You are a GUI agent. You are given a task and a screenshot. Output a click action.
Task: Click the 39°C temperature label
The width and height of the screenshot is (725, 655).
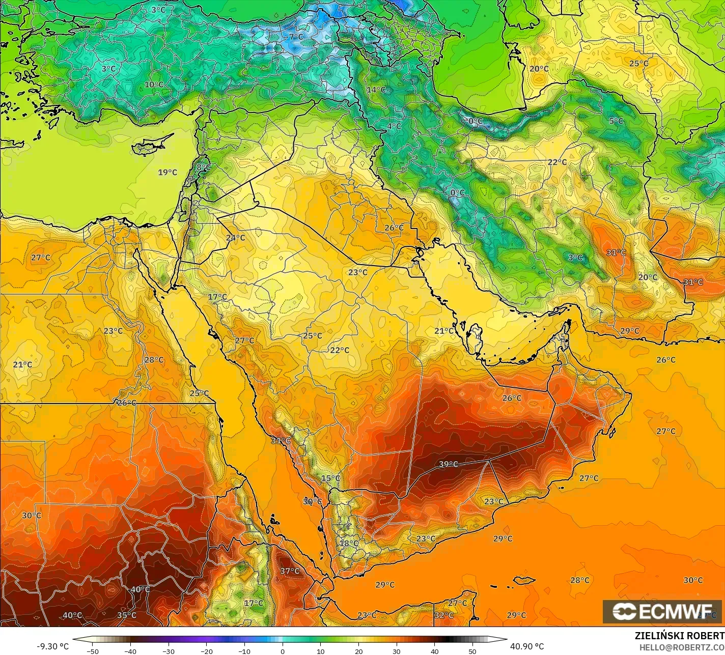[448, 464]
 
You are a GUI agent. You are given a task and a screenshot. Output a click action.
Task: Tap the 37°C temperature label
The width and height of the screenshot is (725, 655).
[290, 571]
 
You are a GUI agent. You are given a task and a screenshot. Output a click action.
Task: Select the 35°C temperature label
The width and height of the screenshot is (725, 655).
[127, 615]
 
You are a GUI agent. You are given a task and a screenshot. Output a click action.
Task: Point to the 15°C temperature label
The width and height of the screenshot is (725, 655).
[330, 478]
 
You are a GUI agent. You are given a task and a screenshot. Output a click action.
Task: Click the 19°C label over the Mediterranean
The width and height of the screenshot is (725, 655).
[168, 173]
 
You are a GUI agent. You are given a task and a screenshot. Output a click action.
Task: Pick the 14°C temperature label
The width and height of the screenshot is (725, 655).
[376, 90]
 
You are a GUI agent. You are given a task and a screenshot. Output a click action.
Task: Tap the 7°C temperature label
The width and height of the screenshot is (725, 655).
[296, 37]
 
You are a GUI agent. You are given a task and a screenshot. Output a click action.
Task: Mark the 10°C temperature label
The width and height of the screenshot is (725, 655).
[154, 84]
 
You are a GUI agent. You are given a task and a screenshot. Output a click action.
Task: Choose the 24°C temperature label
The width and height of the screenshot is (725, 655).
[235, 238]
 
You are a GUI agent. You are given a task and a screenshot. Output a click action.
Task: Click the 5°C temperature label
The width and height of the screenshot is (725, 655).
[616, 121]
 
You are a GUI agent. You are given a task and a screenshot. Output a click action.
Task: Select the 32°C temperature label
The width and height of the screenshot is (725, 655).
[444, 615]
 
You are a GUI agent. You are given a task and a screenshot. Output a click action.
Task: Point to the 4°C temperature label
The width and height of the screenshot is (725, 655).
[394, 126]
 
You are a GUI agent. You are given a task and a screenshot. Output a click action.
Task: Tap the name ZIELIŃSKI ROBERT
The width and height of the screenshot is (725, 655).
[679, 636]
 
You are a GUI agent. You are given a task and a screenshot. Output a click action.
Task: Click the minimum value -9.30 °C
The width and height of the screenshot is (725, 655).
[52, 646]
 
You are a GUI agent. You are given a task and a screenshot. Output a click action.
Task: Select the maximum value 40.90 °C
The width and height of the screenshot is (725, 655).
[527, 646]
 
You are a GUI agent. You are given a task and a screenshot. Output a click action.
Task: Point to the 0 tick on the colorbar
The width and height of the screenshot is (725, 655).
[283, 651]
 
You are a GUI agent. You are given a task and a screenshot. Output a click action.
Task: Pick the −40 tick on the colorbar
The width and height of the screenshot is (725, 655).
[131, 651]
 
